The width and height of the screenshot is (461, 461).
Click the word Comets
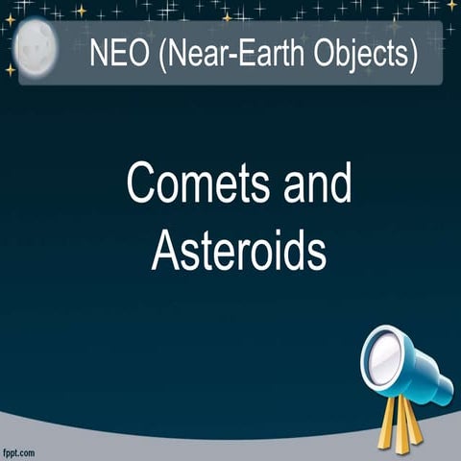coord(187,183)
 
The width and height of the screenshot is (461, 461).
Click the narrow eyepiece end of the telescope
coord(442,391)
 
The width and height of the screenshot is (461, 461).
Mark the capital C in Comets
coord(140,183)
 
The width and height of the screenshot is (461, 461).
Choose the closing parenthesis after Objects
coord(412,54)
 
